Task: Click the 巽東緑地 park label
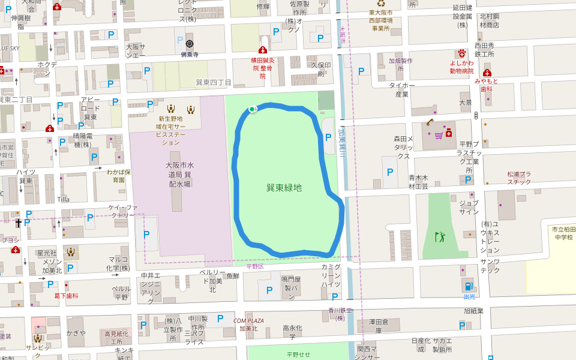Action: [x=284, y=188]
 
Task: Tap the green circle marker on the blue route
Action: [x=252, y=109]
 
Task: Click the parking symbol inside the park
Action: [x=328, y=137]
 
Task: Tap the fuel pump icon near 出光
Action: [x=467, y=286]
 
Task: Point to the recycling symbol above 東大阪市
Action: [x=380, y=3]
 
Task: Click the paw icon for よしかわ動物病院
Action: [x=461, y=53]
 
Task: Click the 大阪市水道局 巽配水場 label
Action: [x=179, y=174]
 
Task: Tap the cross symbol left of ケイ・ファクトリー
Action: [x=19, y=223]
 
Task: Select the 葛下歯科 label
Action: [x=66, y=296]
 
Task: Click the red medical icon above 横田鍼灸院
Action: [x=262, y=50]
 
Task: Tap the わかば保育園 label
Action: [x=119, y=176]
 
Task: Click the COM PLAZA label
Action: [x=248, y=321]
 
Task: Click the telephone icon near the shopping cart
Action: [x=430, y=122]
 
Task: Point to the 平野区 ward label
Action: [x=255, y=266]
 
